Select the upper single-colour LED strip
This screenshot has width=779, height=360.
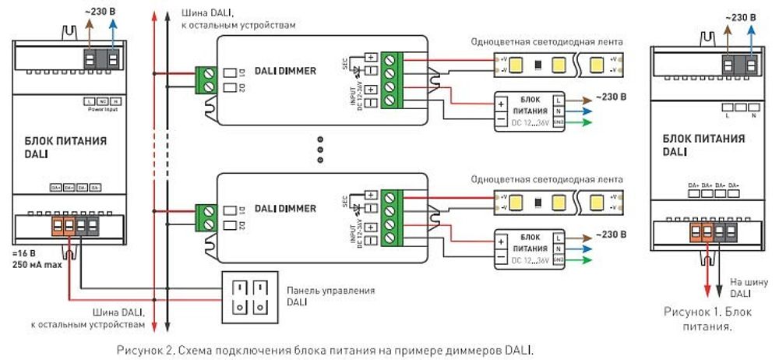click(x=559, y=65)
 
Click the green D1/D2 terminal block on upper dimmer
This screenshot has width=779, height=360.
click(x=207, y=79)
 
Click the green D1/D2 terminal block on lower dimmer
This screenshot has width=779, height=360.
click(x=207, y=217)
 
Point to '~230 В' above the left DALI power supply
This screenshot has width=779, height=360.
click(x=101, y=10)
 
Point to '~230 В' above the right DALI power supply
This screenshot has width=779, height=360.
click(x=739, y=17)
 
